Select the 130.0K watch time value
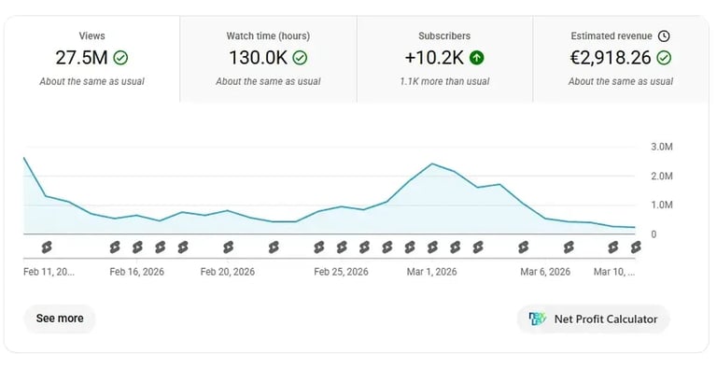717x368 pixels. [257, 58]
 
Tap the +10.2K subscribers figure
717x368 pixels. [434, 58]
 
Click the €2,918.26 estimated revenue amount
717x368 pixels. [611, 58]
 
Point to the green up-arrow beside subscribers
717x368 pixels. [477, 58]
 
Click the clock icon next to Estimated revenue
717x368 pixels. [664, 36]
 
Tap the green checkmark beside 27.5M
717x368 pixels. [120, 58]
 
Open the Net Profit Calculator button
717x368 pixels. [593, 318]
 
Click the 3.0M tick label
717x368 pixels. [661, 148]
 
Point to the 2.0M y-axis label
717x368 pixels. [661, 177]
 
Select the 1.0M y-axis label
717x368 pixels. [661, 205]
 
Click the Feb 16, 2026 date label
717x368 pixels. [136, 272]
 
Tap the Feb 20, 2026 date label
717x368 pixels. [228, 272]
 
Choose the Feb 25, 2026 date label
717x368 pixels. [341, 272]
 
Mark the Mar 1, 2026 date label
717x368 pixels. [431, 272]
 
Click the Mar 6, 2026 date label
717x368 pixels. [545, 272]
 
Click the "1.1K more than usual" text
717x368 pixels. [444, 81]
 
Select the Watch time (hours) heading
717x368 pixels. [268, 36]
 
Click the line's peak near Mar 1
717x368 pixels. [432, 164]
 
